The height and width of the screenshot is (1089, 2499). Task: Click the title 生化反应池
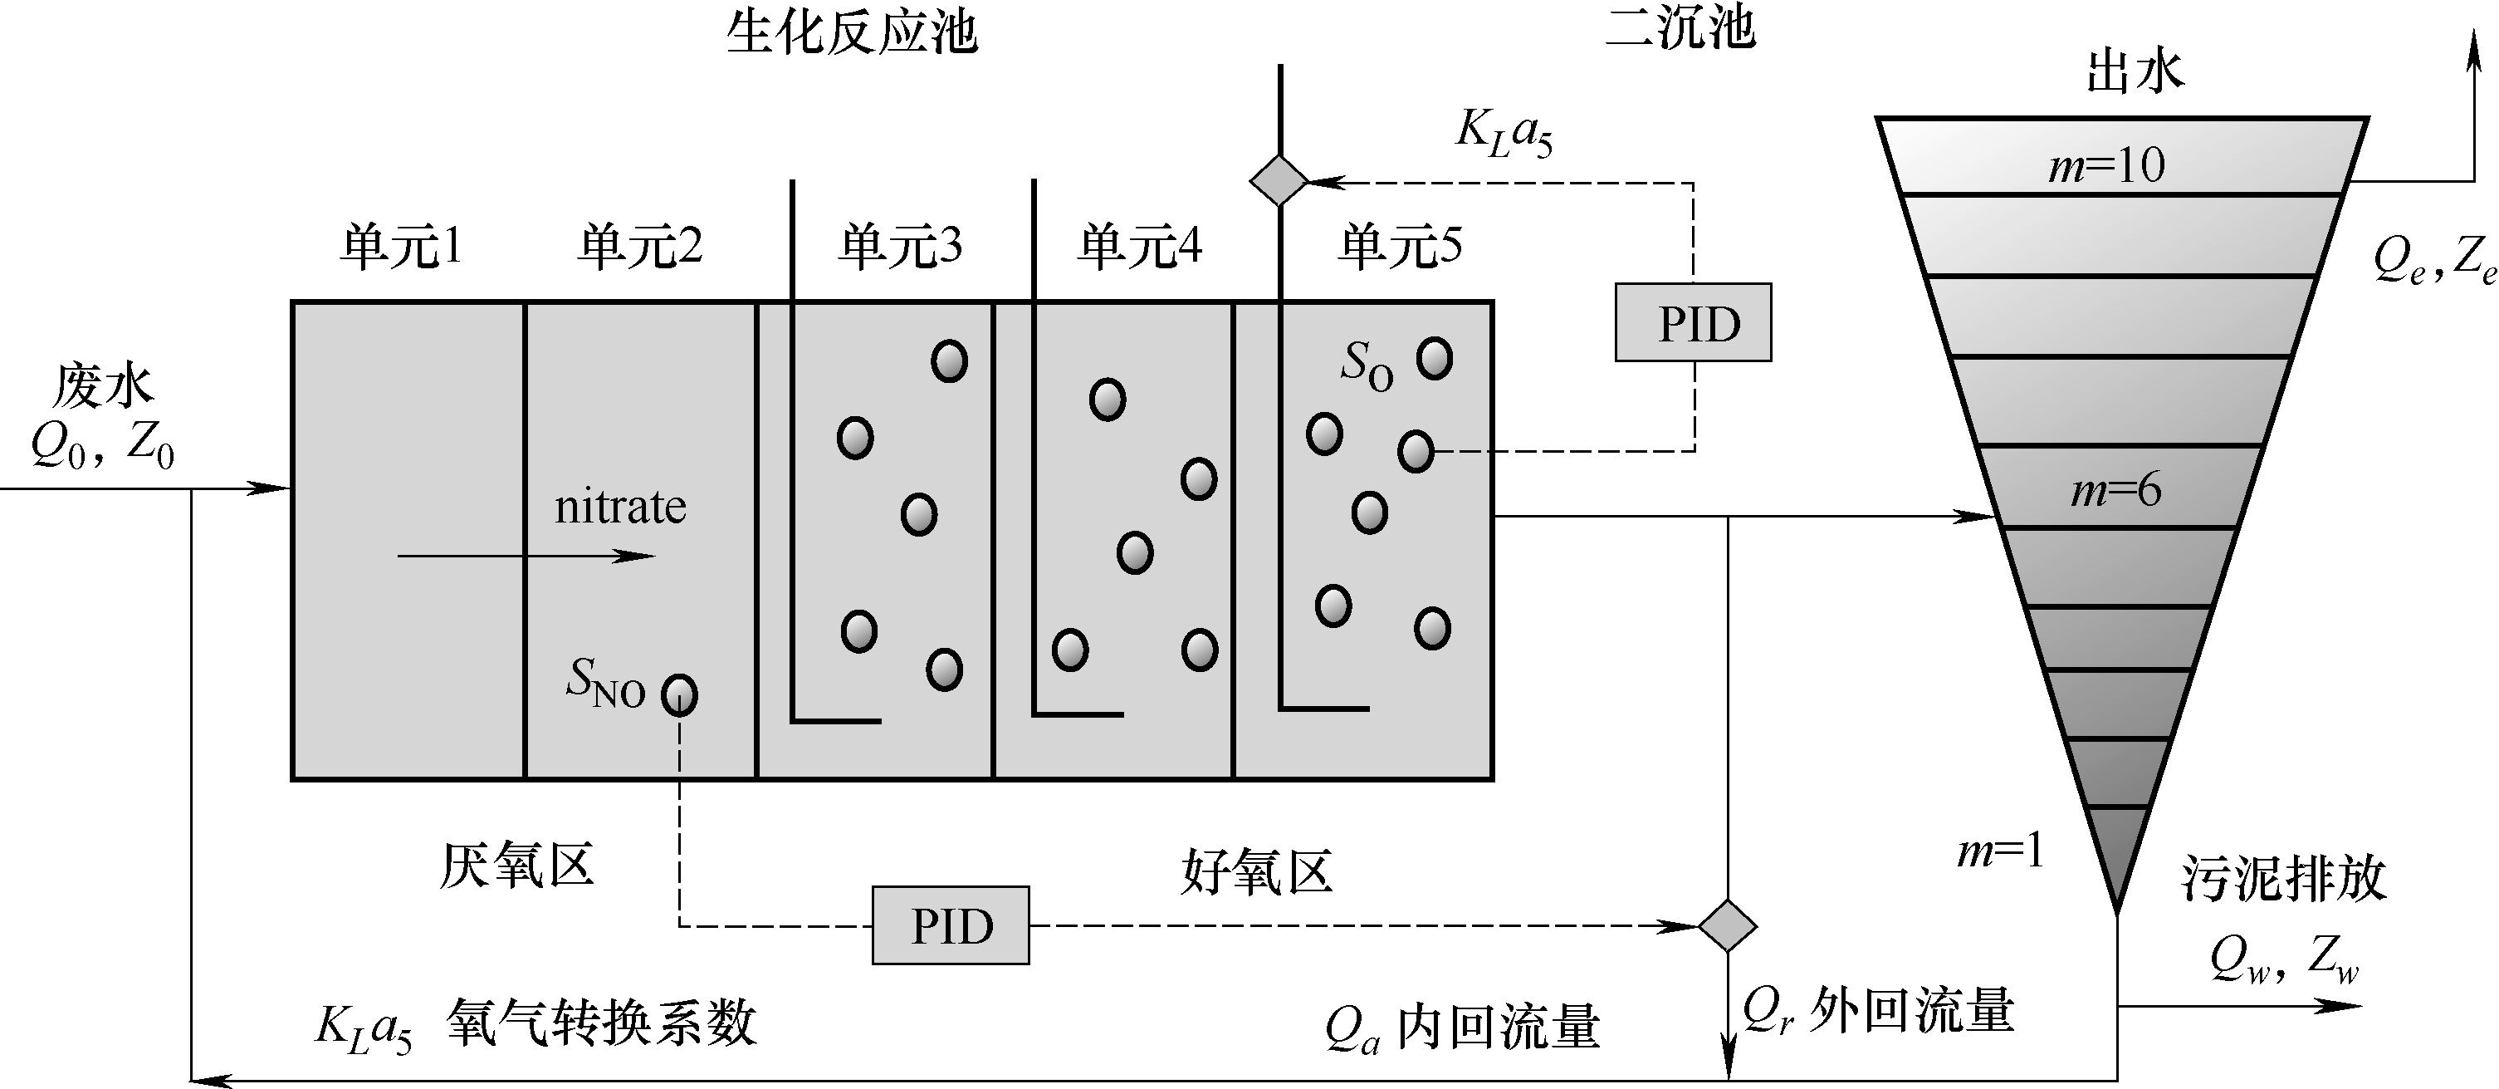tap(852, 33)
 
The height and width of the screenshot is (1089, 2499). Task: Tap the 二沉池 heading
tap(1680, 27)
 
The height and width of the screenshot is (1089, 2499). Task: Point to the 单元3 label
tap(899, 247)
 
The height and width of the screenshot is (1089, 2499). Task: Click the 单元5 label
tap(1399, 247)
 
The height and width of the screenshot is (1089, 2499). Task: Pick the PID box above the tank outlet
tap(1693, 323)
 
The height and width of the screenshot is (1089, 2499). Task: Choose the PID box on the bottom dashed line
tap(950, 925)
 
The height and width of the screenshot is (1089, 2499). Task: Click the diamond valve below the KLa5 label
tap(1279, 180)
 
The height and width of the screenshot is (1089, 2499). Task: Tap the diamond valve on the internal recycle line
tap(1727, 925)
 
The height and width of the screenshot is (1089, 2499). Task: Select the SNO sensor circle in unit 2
tap(679, 695)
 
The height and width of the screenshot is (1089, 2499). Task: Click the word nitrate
tap(620, 507)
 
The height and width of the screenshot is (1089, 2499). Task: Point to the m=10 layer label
tap(2106, 166)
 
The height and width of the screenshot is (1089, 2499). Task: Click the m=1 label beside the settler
tap(2000, 852)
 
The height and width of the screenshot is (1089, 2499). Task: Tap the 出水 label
tap(2135, 71)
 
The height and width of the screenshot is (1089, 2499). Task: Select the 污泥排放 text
tap(2284, 878)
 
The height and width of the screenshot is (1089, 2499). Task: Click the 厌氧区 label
tap(516, 865)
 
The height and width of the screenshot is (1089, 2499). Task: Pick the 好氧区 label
tap(1256, 871)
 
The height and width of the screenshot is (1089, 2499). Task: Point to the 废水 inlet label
tap(103, 386)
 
